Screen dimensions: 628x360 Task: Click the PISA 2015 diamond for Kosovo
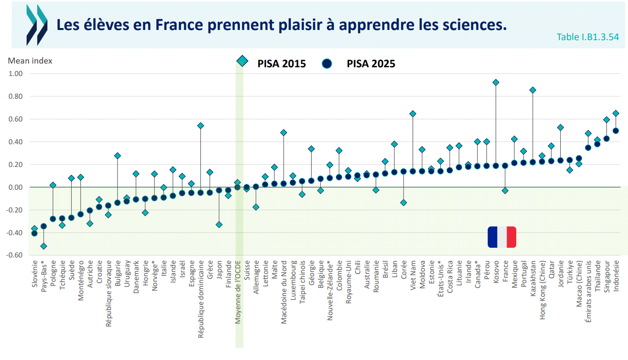(495, 82)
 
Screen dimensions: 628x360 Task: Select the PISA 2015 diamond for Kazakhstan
(533, 90)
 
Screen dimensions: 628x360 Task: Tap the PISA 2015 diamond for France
(505, 191)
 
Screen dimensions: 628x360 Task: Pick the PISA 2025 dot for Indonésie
(616, 131)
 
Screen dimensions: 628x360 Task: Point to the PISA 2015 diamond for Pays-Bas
(44, 246)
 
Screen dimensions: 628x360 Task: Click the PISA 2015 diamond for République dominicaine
(200, 126)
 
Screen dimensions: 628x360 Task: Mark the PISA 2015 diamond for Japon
(219, 225)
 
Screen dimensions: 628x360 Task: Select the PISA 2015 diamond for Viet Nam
(413, 114)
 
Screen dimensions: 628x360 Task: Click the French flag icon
(502, 237)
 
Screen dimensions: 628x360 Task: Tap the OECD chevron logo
(37, 25)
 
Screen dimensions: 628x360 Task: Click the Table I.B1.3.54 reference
(588, 37)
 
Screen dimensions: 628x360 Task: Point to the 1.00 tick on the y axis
(15, 74)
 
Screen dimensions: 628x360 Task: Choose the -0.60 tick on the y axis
(15, 255)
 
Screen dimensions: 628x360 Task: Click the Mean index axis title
(30, 61)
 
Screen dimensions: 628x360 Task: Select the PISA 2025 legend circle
(327, 64)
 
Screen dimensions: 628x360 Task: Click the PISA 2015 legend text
(282, 64)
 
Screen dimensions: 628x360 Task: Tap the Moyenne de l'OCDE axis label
(238, 292)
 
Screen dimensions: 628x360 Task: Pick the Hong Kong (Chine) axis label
(542, 290)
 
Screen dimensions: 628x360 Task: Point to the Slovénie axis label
(34, 274)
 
